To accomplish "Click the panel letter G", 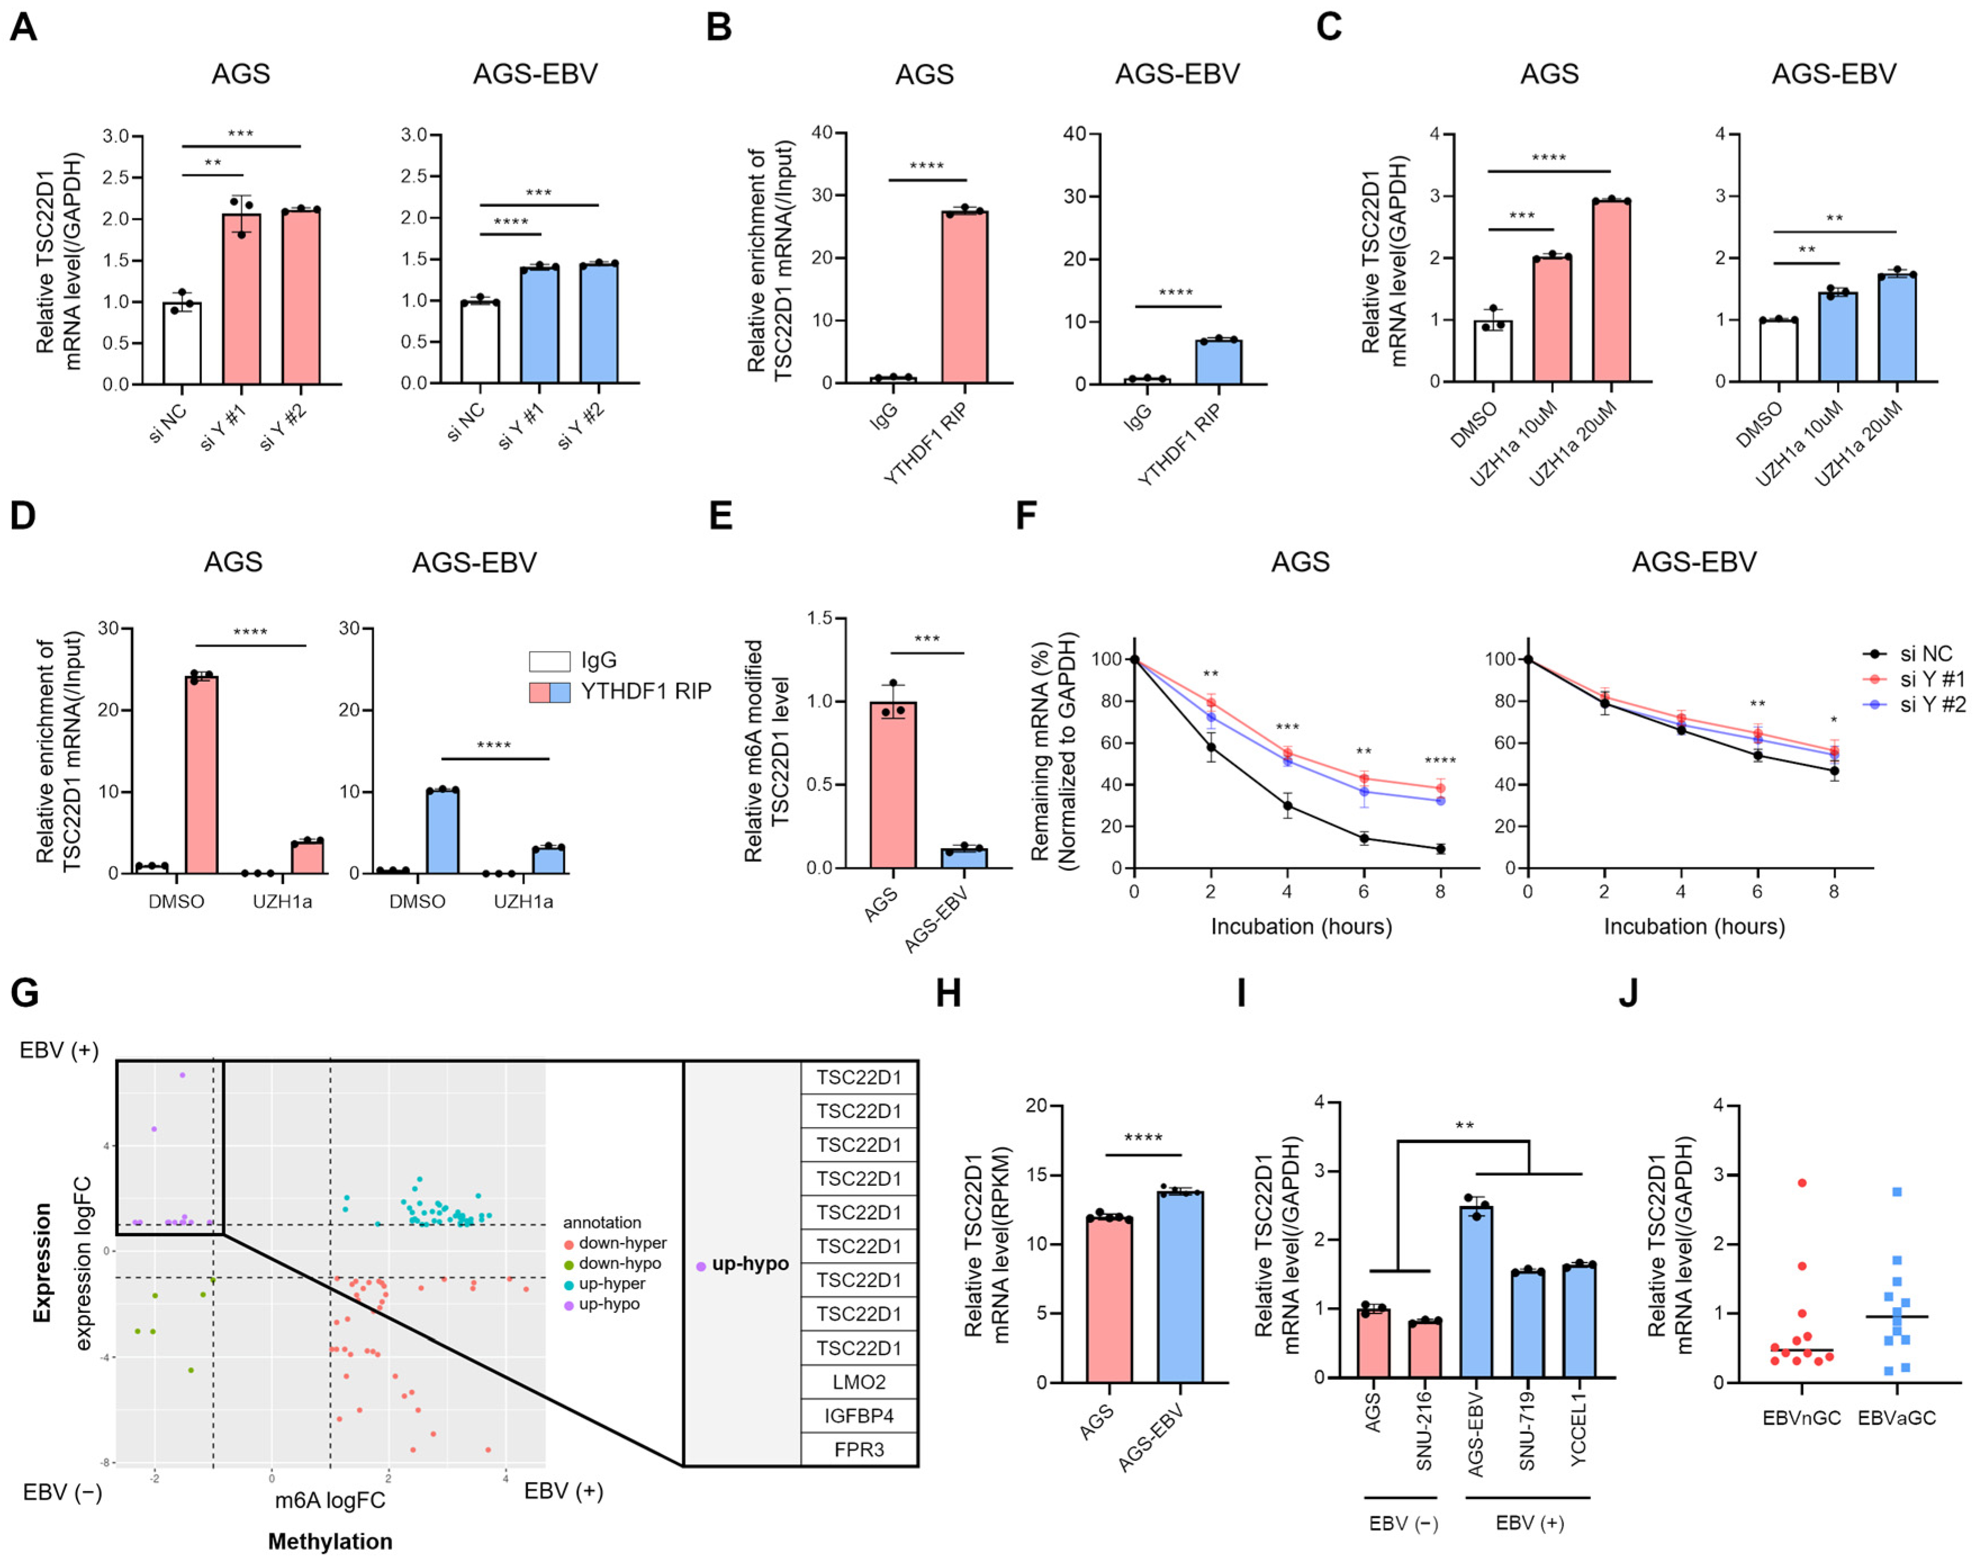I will point(25,993).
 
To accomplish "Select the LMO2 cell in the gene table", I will point(858,1382).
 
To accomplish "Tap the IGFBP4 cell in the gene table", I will point(858,1416).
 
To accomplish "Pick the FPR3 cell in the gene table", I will point(858,1449).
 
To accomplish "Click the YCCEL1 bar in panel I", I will point(1578,1321).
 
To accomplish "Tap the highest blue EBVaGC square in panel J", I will point(1897,1192).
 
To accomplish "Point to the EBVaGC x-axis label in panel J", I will point(1897,1417).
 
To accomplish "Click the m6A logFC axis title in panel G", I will point(330,1500).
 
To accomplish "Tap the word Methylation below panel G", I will point(330,1541).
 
